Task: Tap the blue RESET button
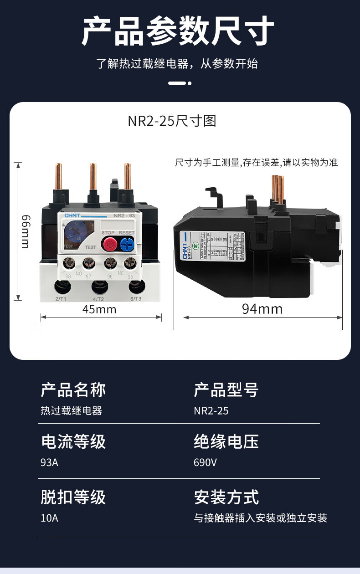pyautogui.click(x=127, y=245)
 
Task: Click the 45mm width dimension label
pyautogui.click(x=99, y=310)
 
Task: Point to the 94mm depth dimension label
pyautogui.click(x=262, y=309)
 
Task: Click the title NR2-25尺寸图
pyautogui.click(x=171, y=121)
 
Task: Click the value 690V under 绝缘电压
pyautogui.click(x=205, y=462)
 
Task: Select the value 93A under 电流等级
pyautogui.click(x=50, y=462)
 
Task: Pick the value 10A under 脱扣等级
pyautogui.click(x=49, y=518)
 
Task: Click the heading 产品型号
pyautogui.click(x=226, y=390)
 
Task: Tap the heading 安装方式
pyautogui.click(x=226, y=497)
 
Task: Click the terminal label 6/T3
pyautogui.click(x=136, y=299)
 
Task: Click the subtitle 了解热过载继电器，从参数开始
pyautogui.click(x=177, y=64)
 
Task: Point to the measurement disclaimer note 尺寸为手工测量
pyautogui.click(x=256, y=163)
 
